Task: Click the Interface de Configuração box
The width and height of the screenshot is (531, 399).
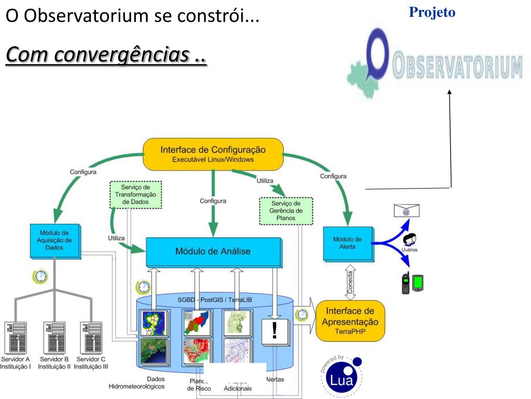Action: click(213, 154)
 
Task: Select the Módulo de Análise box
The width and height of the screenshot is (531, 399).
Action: click(213, 251)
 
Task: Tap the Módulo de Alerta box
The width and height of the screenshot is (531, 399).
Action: click(348, 243)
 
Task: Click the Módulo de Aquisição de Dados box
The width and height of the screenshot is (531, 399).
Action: click(54, 240)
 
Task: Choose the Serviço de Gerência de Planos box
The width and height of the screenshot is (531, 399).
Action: click(286, 211)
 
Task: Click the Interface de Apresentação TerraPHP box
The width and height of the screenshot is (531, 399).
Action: click(351, 321)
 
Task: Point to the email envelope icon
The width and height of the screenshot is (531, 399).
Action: click(407, 210)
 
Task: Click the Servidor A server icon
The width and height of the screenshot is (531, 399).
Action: click(16, 338)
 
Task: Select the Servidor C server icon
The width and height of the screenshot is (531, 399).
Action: click(91, 338)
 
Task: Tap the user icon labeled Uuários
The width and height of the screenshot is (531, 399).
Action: click(410, 241)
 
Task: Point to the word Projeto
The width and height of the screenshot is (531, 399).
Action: click(432, 12)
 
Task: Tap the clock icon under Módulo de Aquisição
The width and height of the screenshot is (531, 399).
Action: click(40, 276)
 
